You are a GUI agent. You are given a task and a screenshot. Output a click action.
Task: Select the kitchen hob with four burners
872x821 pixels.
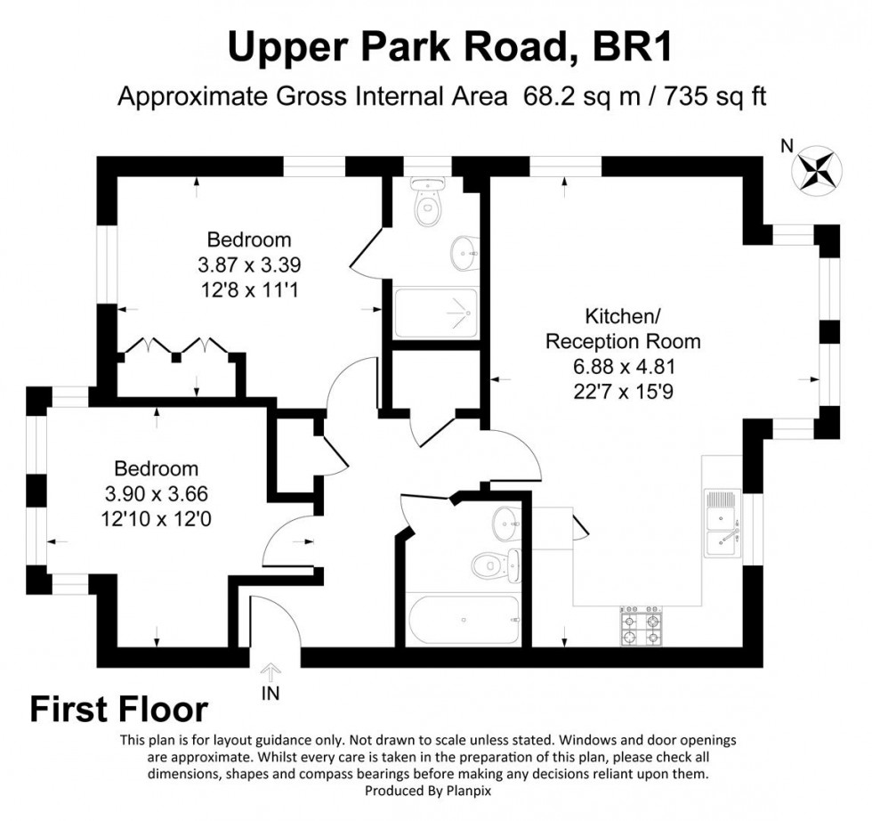(x=641, y=628)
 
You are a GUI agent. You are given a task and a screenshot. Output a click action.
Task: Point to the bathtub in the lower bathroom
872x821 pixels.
(x=462, y=619)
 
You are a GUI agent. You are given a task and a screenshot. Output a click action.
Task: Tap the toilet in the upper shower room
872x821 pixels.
(x=429, y=204)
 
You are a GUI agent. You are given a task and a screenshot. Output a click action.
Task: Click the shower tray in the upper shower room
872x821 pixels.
(x=435, y=313)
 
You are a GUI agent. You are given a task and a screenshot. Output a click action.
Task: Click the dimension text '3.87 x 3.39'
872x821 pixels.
(x=249, y=264)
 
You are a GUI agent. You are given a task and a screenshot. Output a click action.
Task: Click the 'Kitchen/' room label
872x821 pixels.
(x=622, y=316)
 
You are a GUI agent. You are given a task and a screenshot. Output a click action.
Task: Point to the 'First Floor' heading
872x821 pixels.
(x=119, y=710)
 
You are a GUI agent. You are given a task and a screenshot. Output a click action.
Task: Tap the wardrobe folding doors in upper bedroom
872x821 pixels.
(x=175, y=347)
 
